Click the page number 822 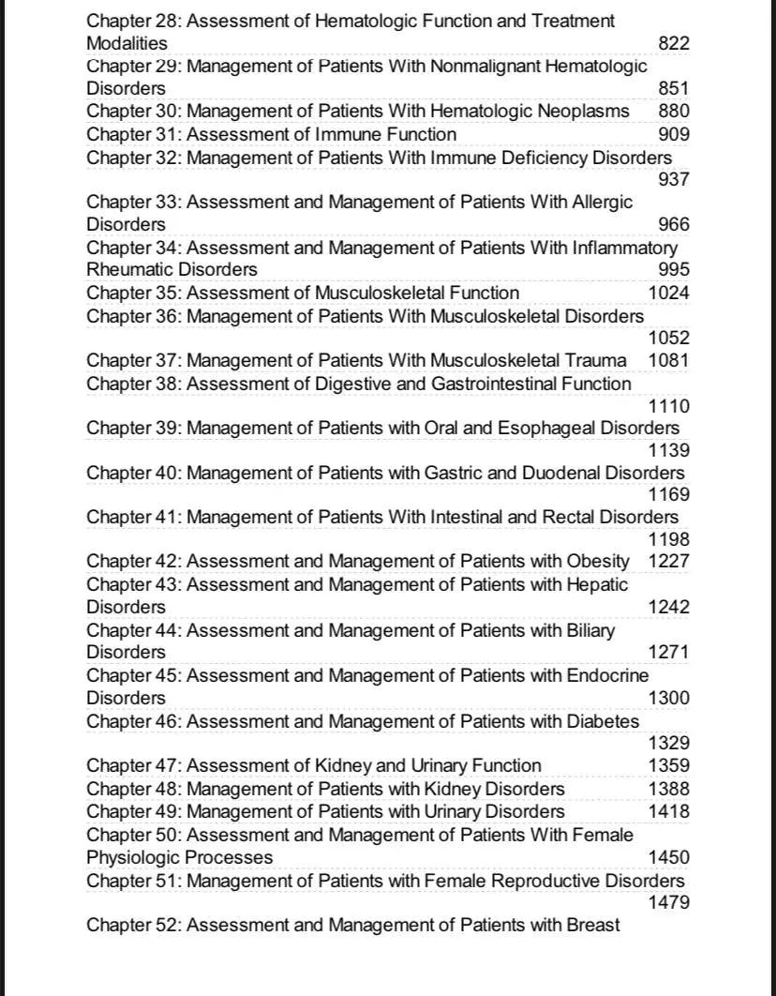674,43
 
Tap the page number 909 674,134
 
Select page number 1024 668,293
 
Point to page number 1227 668,562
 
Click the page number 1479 668,902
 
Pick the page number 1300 668,698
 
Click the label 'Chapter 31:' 134,134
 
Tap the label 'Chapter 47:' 134,765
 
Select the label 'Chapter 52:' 134,925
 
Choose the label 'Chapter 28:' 134,21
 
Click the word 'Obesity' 598,562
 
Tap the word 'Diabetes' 603,721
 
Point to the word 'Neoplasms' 583,112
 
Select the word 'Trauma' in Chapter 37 596,360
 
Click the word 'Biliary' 590,630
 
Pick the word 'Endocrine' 607,675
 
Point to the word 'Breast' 592,925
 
